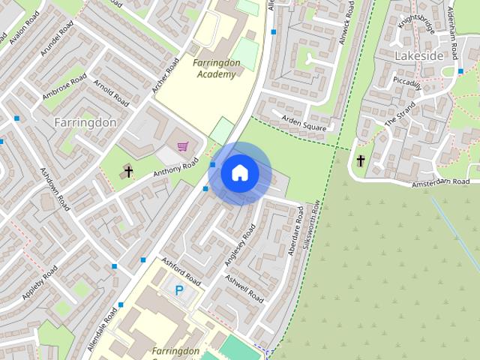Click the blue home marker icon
(239, 173)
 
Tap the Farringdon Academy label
(216, 68)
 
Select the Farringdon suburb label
(85, 121)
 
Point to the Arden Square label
(303, 123)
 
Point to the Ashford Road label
(181, 271)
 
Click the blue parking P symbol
(178, 290)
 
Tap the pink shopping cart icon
(182, 145)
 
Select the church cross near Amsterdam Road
(361, 160)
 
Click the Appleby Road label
(40, 284)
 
